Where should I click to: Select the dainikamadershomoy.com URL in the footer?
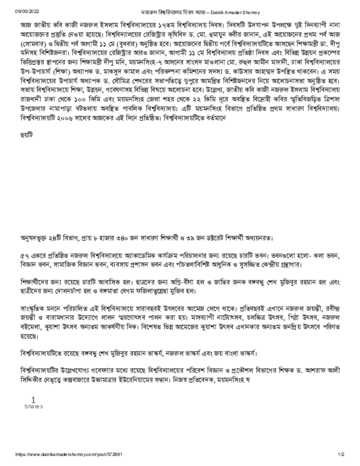point(68,454)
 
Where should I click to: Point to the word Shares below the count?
point(33,406)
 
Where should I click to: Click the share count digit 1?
point(33,400)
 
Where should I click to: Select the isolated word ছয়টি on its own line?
point(27,135)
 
